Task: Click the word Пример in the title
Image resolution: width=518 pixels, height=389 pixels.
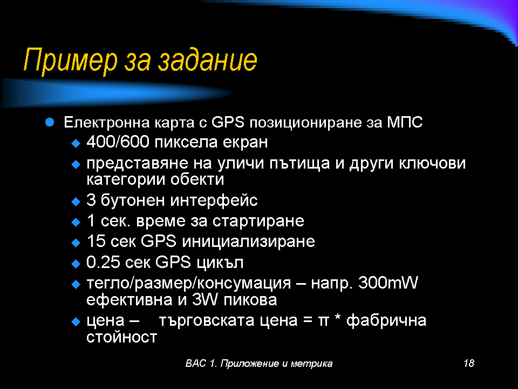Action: tap(70, 60)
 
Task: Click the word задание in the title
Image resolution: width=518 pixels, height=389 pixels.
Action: tap(207, 59)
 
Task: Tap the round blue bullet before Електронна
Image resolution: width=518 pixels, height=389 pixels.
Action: tap(50, 123)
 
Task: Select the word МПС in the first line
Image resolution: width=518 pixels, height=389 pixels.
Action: tap(405, 123)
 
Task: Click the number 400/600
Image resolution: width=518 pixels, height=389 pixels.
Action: tap(118, 142)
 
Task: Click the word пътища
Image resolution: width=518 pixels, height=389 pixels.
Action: tap(300, 164)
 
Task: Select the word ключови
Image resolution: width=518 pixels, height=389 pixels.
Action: tap(432, 163)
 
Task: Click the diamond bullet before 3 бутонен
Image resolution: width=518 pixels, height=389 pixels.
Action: tap(76, 202)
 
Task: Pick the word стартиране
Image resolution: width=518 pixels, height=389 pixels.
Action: tap(258, 222)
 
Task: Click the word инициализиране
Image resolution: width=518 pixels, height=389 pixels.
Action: tap(248, 242)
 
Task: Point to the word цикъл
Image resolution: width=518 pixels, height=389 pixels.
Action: tap(220, 263)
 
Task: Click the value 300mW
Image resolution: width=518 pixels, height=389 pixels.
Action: tap(388, 283)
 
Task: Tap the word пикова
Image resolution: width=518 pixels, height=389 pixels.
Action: tap(250, 300)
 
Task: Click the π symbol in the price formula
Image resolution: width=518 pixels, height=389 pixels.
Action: tap(323, 321)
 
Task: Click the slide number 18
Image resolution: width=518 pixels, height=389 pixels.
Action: tap(469, 363)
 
